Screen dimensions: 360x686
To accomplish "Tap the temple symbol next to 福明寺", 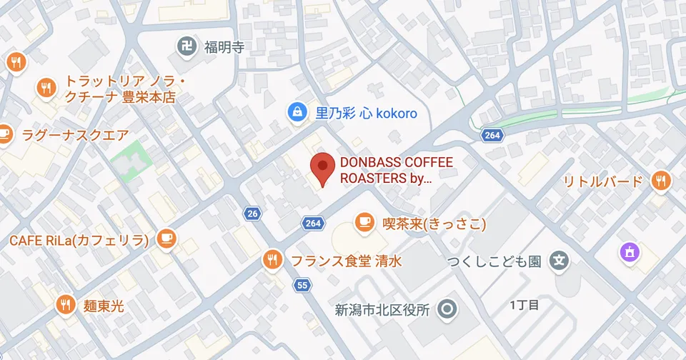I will pos(187,48).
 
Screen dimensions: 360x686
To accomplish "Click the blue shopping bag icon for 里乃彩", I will pos(295,112).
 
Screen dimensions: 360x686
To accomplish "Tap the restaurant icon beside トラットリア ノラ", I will pos(47,88).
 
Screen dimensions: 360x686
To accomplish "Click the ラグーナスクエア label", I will pos(76,134).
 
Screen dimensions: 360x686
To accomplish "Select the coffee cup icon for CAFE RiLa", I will pos(166,239).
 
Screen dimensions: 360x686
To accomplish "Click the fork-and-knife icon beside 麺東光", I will pos(66,305).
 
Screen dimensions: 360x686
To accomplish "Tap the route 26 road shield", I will pos(252,214).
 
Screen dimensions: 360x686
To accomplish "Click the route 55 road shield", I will pos(302,286).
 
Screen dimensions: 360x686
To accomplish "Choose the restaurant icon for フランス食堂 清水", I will pos(272,260).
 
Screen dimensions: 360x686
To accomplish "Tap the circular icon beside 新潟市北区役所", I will pos(448,309).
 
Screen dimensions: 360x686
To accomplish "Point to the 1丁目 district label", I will pos(524,305).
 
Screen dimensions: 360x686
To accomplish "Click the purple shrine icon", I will pos(629,252).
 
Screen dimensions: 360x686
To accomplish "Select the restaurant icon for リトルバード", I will pos(661,181).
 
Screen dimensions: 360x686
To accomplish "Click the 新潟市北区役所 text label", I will pos(382,310).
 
